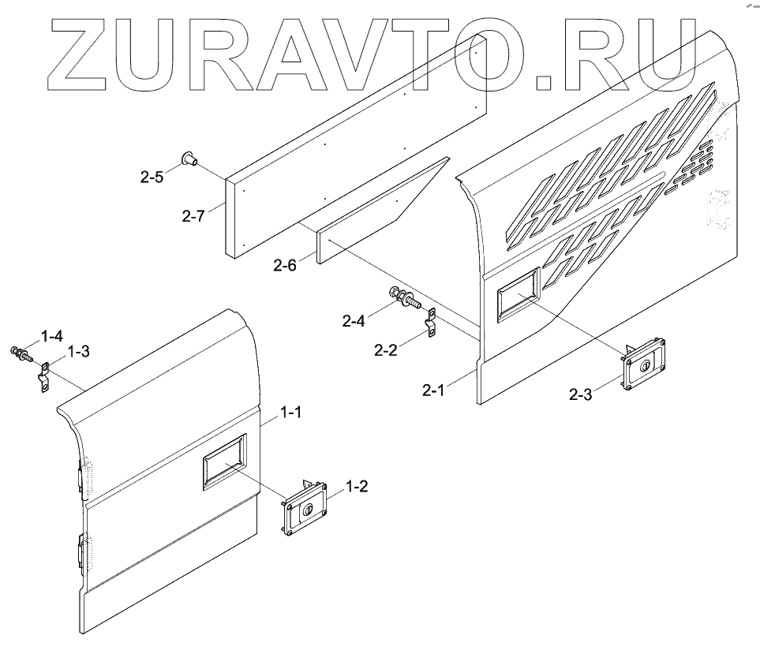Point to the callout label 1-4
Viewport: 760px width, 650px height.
(52, 336)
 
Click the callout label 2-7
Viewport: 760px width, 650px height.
(191, 215)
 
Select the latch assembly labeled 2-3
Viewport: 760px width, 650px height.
(643, 362)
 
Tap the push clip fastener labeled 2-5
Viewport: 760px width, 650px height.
(189, 159)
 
